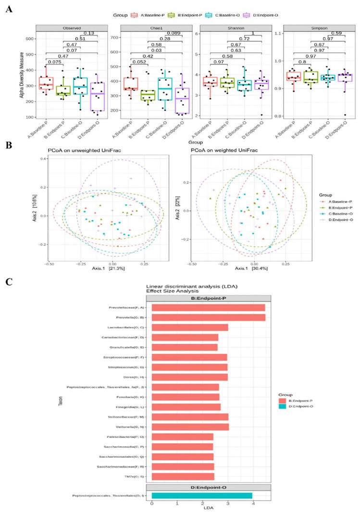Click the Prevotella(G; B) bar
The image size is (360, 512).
pyautogui.click(x=209, y=317)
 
